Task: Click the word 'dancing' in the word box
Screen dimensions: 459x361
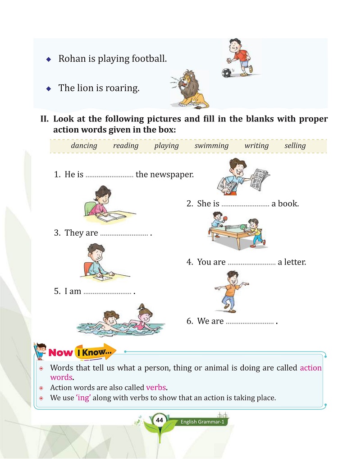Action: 84,146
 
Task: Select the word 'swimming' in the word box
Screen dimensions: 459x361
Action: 211,146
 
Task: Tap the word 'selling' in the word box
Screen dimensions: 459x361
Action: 295,146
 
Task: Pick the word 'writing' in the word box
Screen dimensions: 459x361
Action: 256,146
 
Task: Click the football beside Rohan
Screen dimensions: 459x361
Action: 227,73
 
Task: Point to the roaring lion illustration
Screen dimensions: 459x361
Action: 190,89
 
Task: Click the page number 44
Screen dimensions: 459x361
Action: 159,420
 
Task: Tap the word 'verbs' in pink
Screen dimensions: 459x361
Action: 156,388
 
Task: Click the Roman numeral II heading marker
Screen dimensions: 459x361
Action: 44,120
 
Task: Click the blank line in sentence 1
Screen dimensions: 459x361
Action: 109,175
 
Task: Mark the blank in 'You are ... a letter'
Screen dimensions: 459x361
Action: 251,262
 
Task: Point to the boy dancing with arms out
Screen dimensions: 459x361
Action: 230,291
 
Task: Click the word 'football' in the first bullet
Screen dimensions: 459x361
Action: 149,59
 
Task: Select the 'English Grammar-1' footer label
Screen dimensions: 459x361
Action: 202,422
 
